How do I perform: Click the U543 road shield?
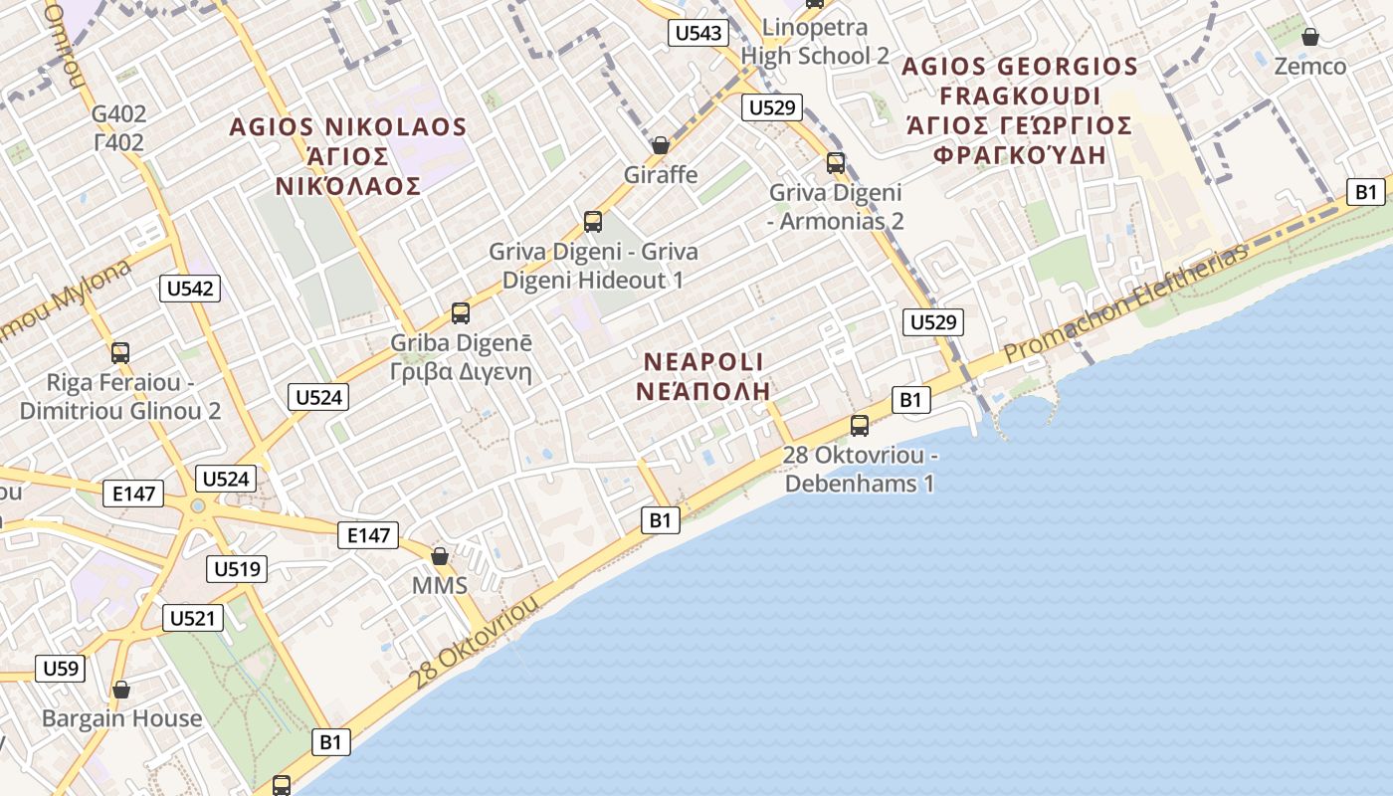pos(698,33)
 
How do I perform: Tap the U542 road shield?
pos(189,289)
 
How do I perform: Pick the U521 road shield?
pos(192,618)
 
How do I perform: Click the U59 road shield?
pos(61,668)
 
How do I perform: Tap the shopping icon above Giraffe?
pos(660,145)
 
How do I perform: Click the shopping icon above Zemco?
pos(1310,38)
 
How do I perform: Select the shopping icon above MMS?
pos(439,555)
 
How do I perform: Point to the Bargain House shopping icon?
pos(121,690)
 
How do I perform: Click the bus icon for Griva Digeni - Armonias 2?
pos(836,162)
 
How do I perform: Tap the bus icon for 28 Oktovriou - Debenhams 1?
pos(860,426)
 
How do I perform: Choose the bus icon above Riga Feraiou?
pos(120,352)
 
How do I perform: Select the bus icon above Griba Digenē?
pos(460,312)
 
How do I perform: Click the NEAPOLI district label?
pos(703,362)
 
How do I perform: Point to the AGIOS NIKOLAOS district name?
pos(347,127)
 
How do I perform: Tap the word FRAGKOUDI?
pos(1020,97)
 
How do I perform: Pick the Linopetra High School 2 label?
pos(815,41)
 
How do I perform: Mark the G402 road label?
pos(118,114)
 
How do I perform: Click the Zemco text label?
pos(1310,67)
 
